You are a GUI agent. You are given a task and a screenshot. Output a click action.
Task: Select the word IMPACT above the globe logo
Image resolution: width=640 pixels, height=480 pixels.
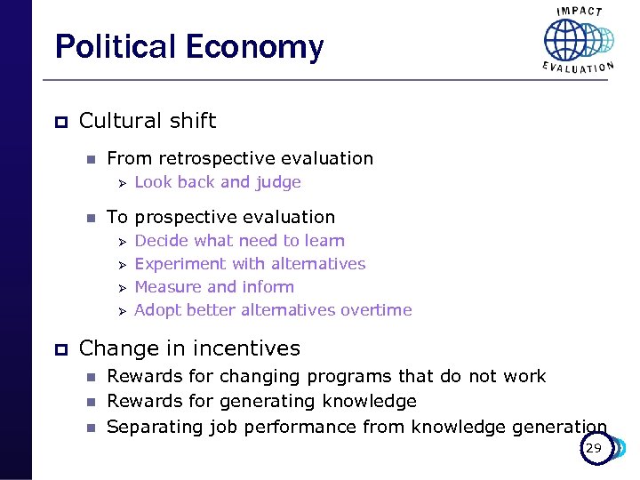(x=579, y=11)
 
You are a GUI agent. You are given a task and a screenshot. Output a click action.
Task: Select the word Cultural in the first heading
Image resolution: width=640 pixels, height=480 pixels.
(x=115, y=121)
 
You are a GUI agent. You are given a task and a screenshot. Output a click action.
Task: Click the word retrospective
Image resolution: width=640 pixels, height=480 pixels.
(x=216, y=159)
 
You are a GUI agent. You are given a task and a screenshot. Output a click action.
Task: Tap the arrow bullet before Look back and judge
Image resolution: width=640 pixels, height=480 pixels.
(x=123, y=183)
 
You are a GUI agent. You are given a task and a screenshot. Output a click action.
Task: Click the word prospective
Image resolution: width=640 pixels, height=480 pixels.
(x=191, y=217)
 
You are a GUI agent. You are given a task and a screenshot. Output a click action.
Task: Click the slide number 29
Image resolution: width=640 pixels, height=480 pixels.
(x=593, y=449)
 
